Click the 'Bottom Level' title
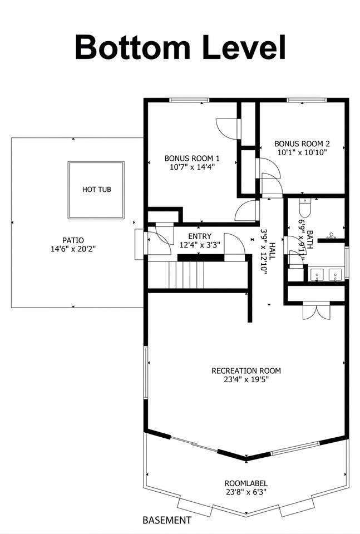pos(180,47)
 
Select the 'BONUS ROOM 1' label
pos(192,159)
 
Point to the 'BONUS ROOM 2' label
pos(302,144)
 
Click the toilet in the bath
pos(304,207)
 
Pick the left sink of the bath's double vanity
pos(317,274)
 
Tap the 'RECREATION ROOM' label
pos(246,370)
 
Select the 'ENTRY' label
pos(200,236)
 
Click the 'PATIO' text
pos(73,240)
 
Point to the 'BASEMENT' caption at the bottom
pos(167,520)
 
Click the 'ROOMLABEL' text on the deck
pos(246,483)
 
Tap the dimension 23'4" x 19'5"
pos(246,379)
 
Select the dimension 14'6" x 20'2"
pos(73,249)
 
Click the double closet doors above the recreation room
pos(317,310)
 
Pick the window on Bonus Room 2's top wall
pos(307,100)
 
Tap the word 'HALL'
pos(273,251)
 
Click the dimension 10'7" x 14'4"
pos(192,167)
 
